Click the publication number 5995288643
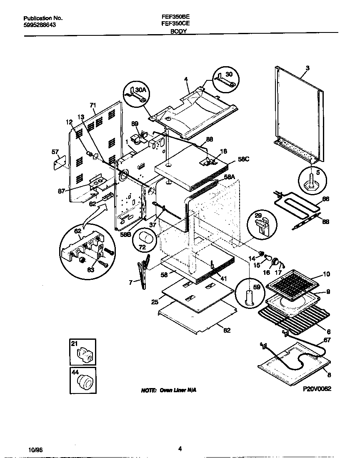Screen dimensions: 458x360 (x=40, y=25)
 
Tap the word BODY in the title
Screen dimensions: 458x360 (x=178, y=31)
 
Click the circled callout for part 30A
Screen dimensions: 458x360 (x=136, y=95)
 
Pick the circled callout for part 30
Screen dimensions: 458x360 (x=225, y=80)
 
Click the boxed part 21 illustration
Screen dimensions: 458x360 (x=82, y=352)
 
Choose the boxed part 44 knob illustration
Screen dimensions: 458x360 (x=82, y=380)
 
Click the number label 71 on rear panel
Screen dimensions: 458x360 (x=93, y=106)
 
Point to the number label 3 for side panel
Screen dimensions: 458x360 (x=307, y=68)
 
